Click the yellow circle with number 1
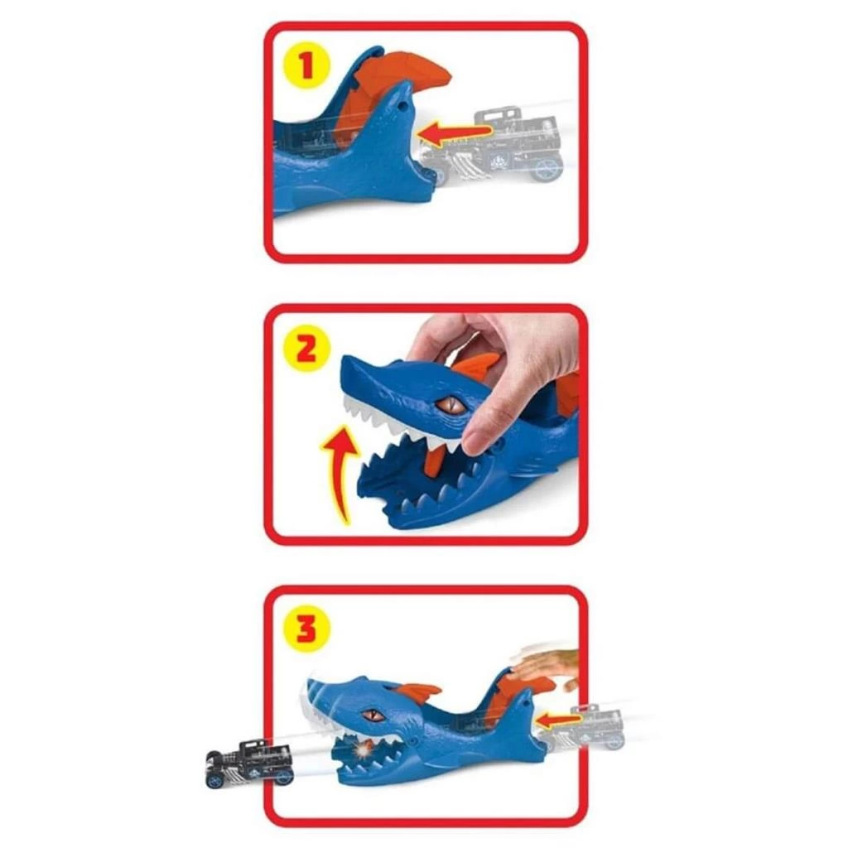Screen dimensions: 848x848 pos(307,66)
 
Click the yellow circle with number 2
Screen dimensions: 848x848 pos(307,349)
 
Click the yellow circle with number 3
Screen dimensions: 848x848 pos(307,629)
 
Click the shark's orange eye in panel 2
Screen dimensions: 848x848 pos(451,405)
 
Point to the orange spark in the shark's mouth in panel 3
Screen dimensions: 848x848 pos(362,749)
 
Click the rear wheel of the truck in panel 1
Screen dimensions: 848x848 pos(547,168)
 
